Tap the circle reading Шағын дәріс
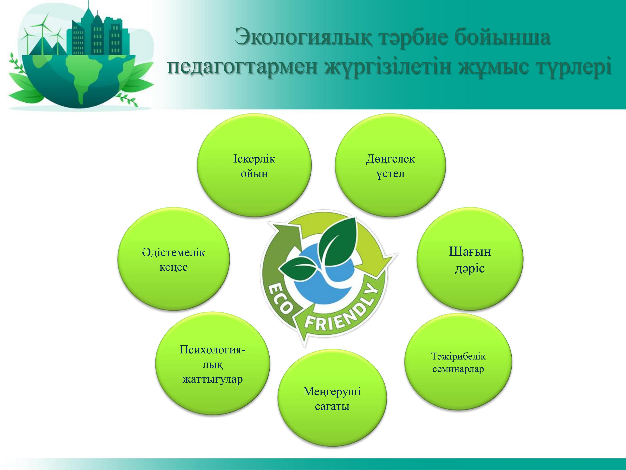[470, 259]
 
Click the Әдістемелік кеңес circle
[173, 259]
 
